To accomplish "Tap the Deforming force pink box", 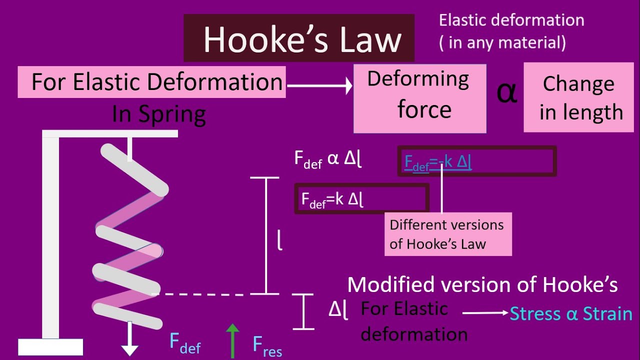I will point(420,98).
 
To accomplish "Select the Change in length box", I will point(578,97).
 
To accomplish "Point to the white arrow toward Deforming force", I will point(320,86).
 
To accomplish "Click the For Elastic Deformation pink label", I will point(151,82).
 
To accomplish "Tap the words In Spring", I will point(159,114).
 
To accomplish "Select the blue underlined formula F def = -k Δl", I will point(438,162).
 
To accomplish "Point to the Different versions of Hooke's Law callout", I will point(447,234).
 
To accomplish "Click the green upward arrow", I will point(232,339).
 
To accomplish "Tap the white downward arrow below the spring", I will point(130,339).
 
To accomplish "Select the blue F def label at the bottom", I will point(185,343).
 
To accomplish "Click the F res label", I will point(267,345).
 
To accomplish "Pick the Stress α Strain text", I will point(571,314).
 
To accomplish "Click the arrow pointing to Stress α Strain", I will point(485,313).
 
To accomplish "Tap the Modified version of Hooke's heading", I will point(482,285).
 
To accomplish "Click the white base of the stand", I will point(50,346).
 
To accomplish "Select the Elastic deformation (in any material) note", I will point(511,31).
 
